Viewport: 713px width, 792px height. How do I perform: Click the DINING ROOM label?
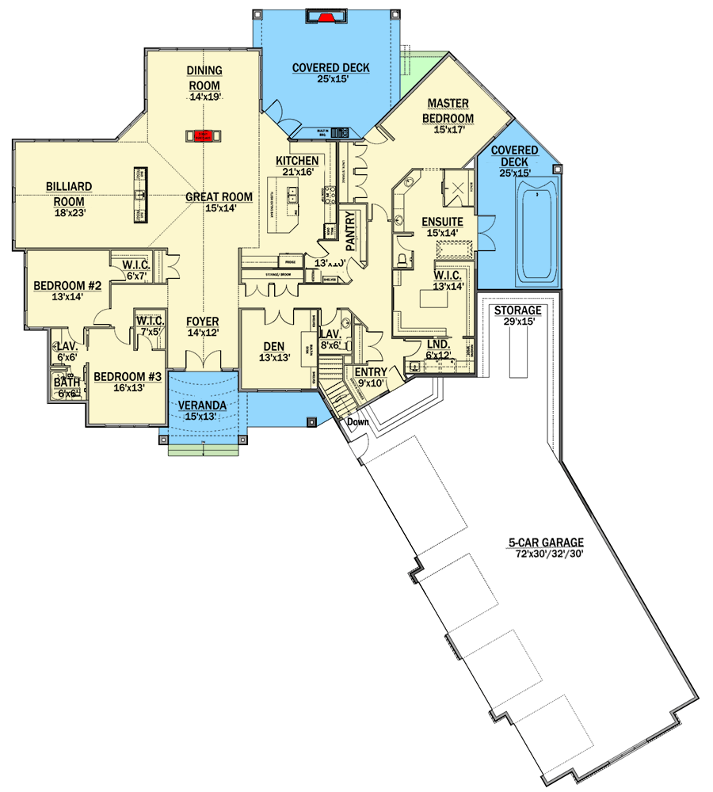(x=204, y=78)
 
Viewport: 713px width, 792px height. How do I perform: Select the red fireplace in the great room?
(x=204, y=135)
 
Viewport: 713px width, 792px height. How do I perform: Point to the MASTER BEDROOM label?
(x=451, y=111)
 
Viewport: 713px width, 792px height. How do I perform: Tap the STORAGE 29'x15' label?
(x=517, y=310)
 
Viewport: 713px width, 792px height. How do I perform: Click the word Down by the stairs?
(x=357, y=422)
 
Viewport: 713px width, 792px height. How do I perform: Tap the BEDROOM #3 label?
(x=128, y=376)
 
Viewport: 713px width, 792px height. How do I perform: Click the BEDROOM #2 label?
(x=67, y=285)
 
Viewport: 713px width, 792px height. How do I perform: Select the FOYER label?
(x=202, y=322)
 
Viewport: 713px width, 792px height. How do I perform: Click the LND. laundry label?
(x=438, y=345)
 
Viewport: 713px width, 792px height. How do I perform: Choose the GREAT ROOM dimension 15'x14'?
(x=219, y=209)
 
